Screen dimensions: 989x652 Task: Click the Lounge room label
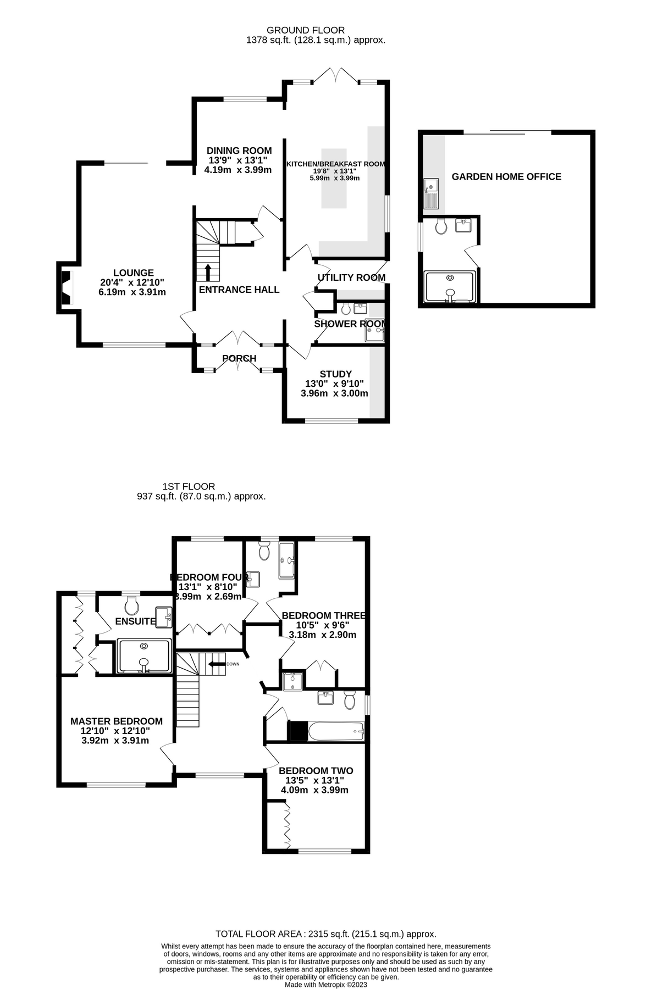(x=133, y=273)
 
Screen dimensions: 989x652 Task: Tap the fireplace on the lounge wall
(x=65, y=287)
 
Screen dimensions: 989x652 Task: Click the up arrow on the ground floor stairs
(x=208, y=272)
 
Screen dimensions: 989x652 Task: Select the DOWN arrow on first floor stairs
(x=217, y=664)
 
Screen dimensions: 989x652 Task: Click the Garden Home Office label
(x=506, y=176)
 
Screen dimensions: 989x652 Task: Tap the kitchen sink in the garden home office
(x=431, y=194)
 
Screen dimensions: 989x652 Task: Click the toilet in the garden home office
(x=440, y=226)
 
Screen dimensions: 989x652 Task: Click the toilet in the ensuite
(x=131, y=606)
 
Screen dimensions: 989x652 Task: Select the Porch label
(x=239, y=358)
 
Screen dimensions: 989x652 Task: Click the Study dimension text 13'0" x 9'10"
(x=334, y=384)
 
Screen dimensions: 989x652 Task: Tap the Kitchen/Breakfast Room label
(x=335, y=164)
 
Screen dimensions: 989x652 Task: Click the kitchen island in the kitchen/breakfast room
(x=334, y=179)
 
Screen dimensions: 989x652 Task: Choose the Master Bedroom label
(x=117, y=721)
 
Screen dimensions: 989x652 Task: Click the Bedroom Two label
(x=316, y=770)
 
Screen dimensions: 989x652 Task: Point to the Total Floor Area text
(x=325, y=934)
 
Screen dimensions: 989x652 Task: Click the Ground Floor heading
(x=305, y=30)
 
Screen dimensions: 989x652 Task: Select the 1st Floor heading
(x=189, y=486)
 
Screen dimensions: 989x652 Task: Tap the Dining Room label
(x=239, y=151)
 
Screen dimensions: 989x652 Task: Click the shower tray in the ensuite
(x=144, y=655)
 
